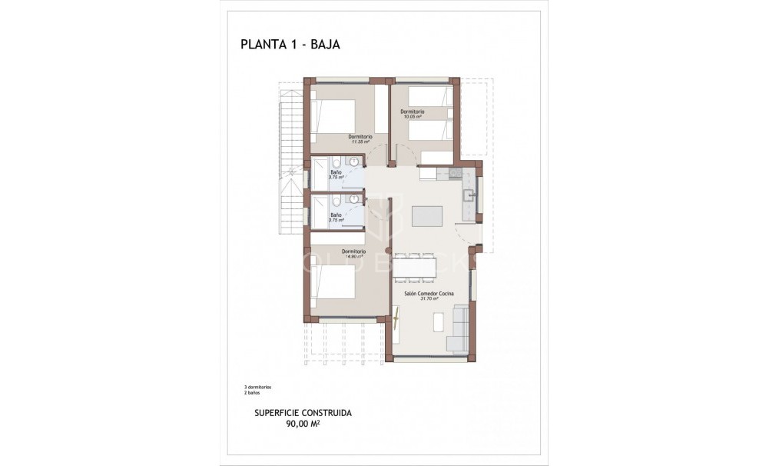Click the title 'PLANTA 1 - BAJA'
click(290, 45)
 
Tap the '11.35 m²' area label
click(360, 142)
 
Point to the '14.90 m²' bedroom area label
click(354, 256)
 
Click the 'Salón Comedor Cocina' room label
click(429, 294)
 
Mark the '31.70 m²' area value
click(429, 299)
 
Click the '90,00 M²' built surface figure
click(303, 422)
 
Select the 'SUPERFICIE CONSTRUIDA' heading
click(303, 412)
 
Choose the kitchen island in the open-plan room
click(428, 216)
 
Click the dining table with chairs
click(415, 266)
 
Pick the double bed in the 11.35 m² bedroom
click(336, 117)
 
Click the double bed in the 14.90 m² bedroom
click(335, 282)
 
